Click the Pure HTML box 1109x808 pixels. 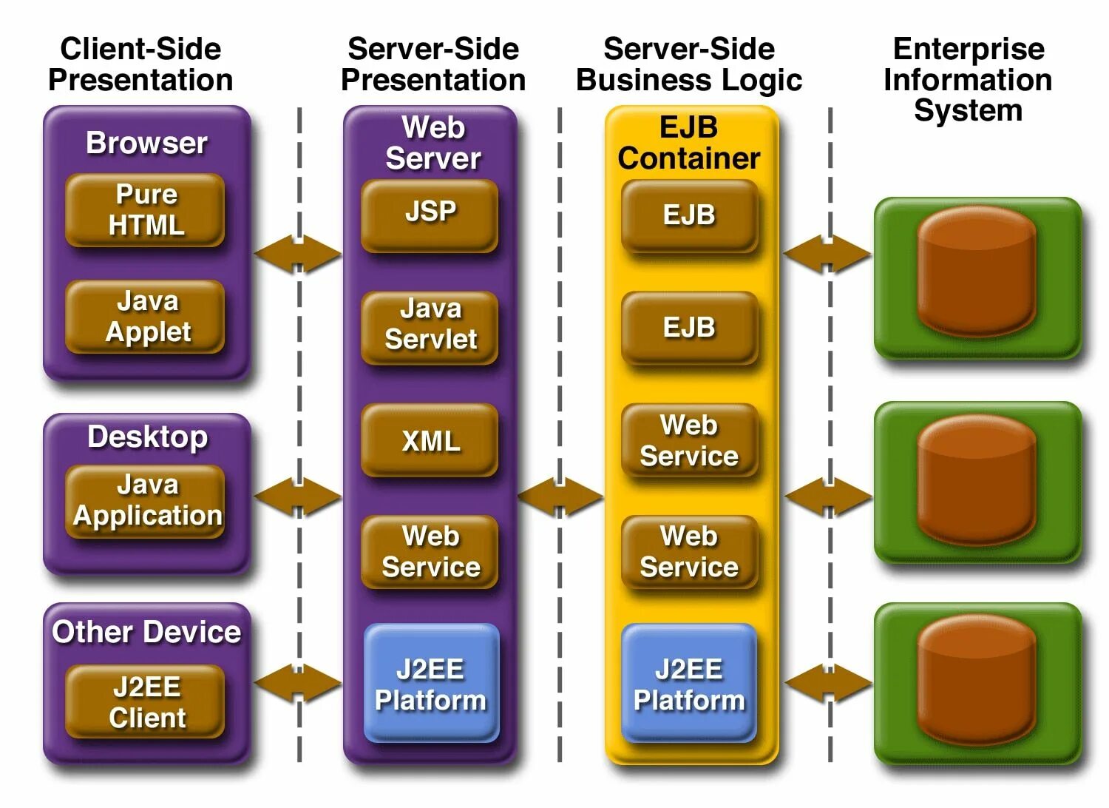(145, 209)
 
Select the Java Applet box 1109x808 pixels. (145, 317)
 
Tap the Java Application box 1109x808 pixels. (145, 501)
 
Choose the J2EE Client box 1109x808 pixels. (145, 701)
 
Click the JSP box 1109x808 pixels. (430, 215)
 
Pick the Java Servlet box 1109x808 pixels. (430, 328)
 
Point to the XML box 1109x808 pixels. (430, 440)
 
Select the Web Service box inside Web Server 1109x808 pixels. (430, 552)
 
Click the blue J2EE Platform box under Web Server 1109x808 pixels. (432, 683)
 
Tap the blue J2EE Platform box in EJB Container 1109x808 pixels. (689, 683)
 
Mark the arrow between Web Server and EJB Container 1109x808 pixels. (560, 496)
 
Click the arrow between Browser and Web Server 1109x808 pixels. (298, 254)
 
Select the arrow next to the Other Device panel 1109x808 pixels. (298, 683)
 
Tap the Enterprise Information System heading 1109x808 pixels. (968, 79)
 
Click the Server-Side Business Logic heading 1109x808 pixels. (689, 64)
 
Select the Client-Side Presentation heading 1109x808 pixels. (140, 64)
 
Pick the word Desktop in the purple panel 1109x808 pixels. (148, 438)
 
